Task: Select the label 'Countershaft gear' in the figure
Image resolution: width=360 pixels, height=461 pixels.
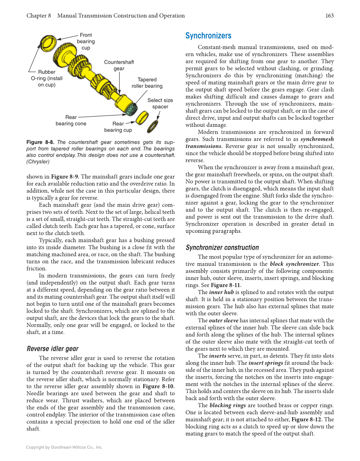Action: pyautogui.click(x=119, y=65)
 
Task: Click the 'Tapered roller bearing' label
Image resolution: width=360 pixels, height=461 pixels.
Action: pyautogui.click(x=147, y=83)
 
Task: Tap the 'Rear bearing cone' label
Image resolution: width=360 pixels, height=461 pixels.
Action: pyautogui.click(x=71, y=120)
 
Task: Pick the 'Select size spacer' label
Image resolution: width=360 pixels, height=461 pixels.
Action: pyautogui.click(x=160, y=103)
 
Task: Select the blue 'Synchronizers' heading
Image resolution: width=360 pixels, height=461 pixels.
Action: pyautogui.click(x=208, y=36)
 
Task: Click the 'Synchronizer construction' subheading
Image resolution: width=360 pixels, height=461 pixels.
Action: pyautogui.click(x=222, y=248)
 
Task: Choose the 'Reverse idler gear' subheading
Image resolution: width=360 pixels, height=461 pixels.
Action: pyautogui.click(x=53, y=349)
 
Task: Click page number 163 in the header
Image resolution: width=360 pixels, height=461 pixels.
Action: pyautogui.click(x=329, y=16)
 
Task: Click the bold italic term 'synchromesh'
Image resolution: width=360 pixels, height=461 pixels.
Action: pyautogui.click(x=317, y=139)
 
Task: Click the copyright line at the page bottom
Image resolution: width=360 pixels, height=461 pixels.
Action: pyautogui.click(x=64, y=447)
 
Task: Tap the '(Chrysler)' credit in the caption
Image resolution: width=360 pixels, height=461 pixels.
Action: pyautogui.click(x=38, y=162)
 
